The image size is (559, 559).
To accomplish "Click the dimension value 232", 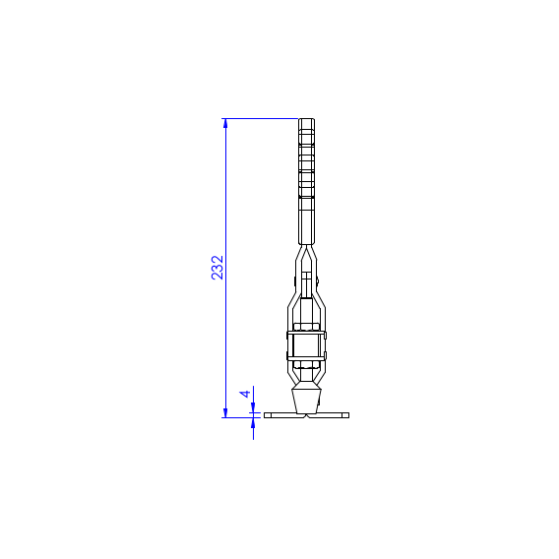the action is click(217, 268).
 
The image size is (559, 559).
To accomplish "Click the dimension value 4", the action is click(245, 394).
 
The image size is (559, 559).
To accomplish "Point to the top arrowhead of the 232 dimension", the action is click(225, 123).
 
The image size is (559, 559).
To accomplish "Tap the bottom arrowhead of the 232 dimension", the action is click(225, 412).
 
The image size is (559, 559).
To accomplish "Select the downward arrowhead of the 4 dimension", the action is click(253, 407).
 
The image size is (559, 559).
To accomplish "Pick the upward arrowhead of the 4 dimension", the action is click(253, 422).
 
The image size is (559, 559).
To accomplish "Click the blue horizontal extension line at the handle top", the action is click(260, 118).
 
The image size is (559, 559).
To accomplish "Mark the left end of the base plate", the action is click(265, 415).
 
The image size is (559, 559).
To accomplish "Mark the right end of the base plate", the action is click(348, 415).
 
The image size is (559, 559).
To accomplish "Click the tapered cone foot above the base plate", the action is click(306, 402).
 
